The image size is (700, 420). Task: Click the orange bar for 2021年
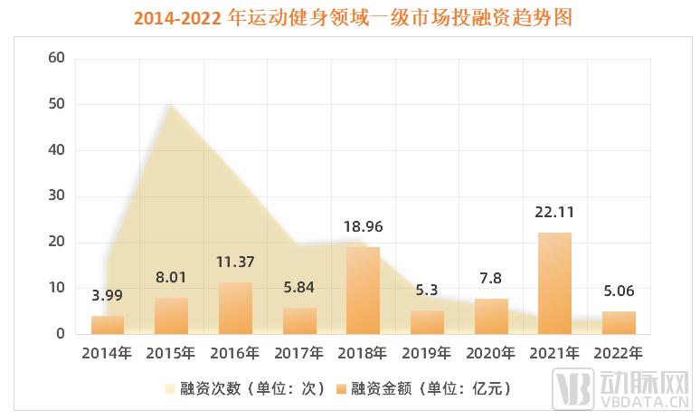555,283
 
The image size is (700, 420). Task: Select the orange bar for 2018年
363,291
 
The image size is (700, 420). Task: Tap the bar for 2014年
108,324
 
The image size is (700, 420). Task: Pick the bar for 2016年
235,308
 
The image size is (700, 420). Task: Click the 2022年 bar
619,322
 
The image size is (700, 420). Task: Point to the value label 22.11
555,214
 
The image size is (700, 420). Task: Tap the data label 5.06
619,292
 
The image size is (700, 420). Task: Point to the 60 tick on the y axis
57,59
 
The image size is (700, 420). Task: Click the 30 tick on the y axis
57,196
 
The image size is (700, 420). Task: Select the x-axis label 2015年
171,352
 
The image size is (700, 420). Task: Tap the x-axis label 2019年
427,352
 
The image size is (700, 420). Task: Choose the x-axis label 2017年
298,352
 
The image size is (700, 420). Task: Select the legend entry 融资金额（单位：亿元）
431,388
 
